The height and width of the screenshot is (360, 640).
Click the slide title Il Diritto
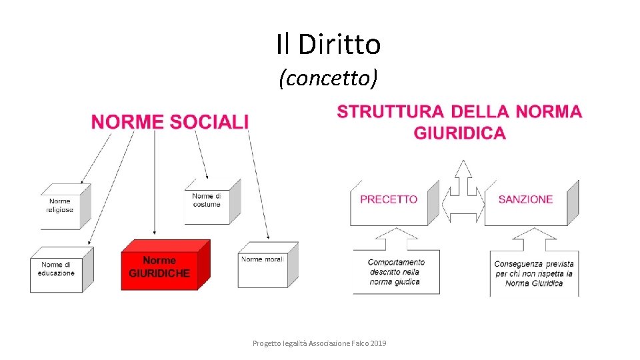click(328, 45)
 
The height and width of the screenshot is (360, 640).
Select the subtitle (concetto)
click(328, 79)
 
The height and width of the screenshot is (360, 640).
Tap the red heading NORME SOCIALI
click(170, 121)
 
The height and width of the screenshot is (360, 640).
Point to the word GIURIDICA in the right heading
click(459, 133)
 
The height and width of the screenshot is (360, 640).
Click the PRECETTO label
click(389, 199)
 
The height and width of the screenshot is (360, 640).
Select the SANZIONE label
click(525, 199)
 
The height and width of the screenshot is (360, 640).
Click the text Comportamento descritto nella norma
click(396, 272)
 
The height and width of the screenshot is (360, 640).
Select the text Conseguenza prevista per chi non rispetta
click(533, 273)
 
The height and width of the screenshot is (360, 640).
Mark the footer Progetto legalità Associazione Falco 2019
click(319, 343)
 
